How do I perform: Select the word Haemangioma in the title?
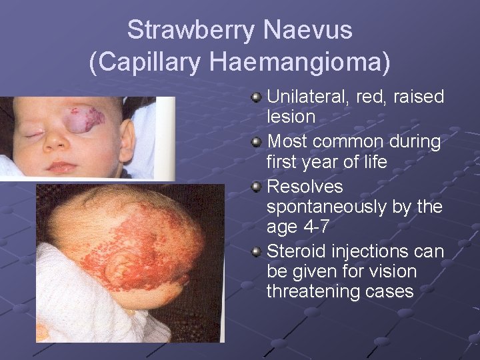297,61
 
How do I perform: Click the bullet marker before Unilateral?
257,98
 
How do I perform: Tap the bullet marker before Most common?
257,143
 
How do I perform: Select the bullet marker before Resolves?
257,187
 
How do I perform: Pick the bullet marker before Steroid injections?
257,252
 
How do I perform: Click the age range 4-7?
315,227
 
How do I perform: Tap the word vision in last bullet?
393,271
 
